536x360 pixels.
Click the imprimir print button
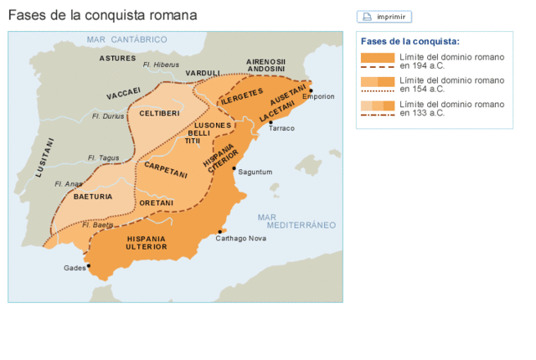coord(384,17)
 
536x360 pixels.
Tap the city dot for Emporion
coord(311,90)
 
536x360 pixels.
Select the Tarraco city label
coord(281,128)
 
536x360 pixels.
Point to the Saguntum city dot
coord(234,167)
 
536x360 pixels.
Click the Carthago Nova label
coord(240,239)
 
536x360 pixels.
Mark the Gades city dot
coord(88,266)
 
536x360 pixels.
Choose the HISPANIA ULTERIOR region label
coord(146,243)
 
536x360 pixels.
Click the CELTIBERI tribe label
coord(159,113)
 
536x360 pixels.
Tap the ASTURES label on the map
coord(117,59)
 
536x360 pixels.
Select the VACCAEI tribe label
coord(124,92)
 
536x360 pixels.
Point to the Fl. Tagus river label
coord(105,157)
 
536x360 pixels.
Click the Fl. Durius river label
coord(108,116)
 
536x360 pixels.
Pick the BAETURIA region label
coord(93,197)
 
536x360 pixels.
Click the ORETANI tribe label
coord(157,203)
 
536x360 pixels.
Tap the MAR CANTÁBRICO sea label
coord(127,39)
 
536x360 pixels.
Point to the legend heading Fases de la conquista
coord(410,41)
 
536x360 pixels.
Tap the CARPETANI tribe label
coord(166,169)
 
